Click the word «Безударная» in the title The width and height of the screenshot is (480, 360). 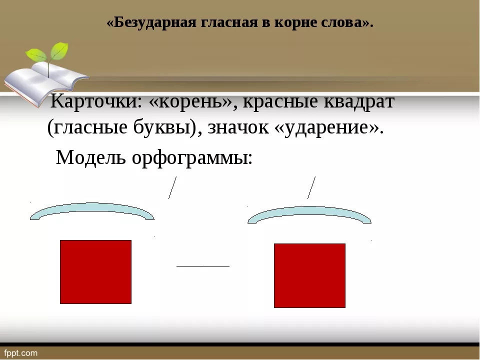pyautogui.click(x=155, y=22)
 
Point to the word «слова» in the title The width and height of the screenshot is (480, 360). pyautogui.click(x=342, y=23)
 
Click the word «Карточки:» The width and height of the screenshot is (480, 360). pyautogui.click(x=96, y=101)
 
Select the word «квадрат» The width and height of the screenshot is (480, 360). pyautogui.click(x=359, y=101)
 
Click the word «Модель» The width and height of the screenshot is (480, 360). pyautogui.click(x=91, y=157)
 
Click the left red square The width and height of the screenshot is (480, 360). pyautogui.click(x=96, y=272)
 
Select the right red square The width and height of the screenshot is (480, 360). pyautogui.click(x=310, y=275)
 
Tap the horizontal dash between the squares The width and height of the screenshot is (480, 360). pyautogui.click(x=203, y=266)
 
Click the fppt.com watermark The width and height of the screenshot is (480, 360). pyautogui.click(x=21, y=353)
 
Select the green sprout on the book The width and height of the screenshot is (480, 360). pyautogui.click(x=48, y=55)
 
